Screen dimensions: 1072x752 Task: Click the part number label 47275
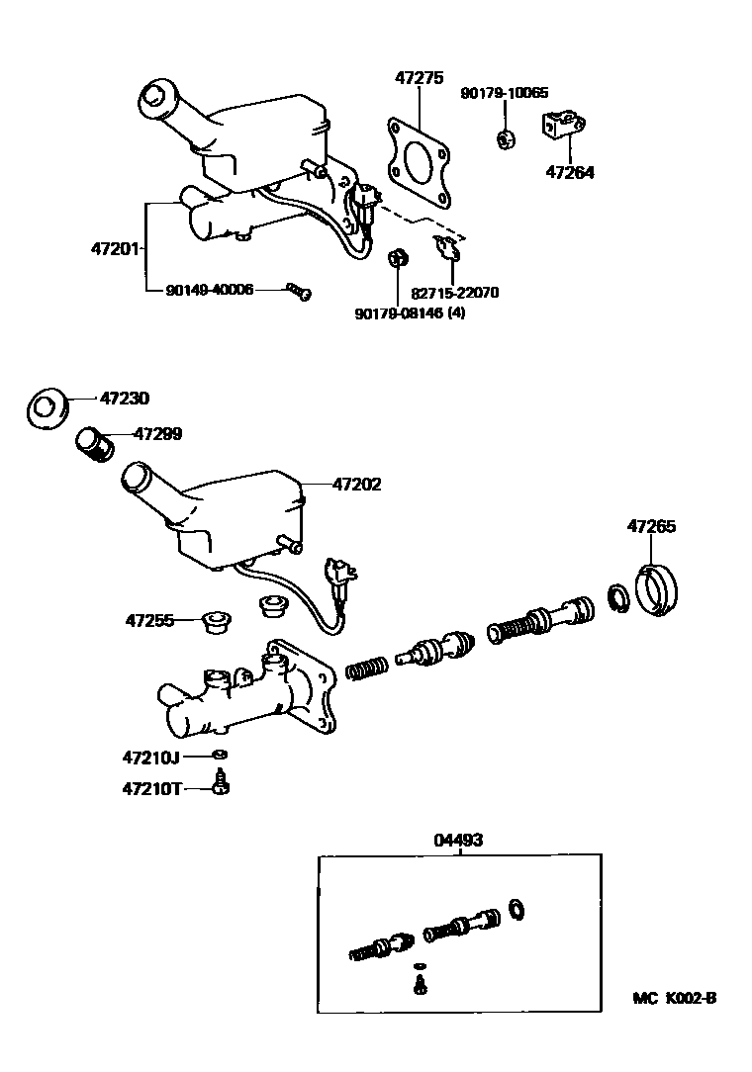point(419,77)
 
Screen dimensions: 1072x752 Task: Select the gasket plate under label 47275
point(419,163)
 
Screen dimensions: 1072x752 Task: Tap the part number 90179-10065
point(504,93)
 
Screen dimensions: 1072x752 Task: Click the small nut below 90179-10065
point(504,138)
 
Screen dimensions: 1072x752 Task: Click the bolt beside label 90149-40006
point(298,290)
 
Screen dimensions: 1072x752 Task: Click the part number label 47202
point(356,485)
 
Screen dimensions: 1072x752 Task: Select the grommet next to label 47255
point(215,622)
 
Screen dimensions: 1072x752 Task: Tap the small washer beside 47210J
point(219,758)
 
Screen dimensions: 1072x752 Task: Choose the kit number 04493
point(458,840)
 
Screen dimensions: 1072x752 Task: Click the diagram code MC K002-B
point(674,999)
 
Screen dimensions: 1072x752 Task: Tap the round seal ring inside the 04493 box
point(516,908)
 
